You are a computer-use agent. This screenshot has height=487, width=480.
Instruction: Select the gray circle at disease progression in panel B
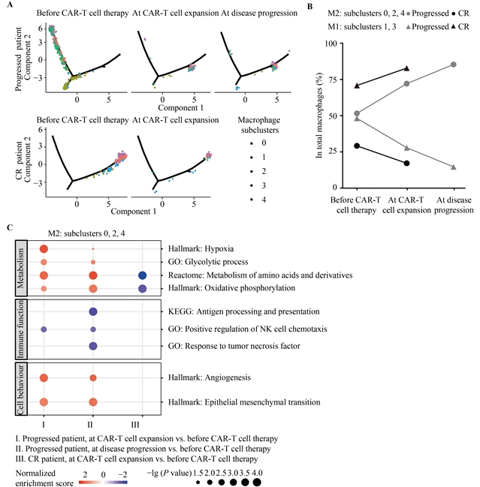tap(454, 65)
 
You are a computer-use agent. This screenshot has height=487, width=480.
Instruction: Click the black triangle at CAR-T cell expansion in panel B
tap(406, 68)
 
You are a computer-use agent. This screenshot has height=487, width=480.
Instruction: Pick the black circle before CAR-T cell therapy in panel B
tap(357, 146)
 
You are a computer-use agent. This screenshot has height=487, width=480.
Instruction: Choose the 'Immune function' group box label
tap(20, 329)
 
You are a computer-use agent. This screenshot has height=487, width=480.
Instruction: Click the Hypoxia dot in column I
tap(44, 248)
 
